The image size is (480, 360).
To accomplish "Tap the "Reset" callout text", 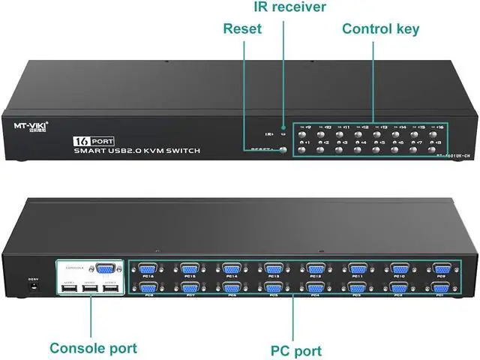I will pyautogui.click(x=242, y=29).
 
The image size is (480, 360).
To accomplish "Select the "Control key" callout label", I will pyautogui.click(x=380, y=29).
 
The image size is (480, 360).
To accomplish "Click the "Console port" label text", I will pyautogui.click(x=93, y=348).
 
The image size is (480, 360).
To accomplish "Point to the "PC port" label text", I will pyautogui.click(x=296, y=350).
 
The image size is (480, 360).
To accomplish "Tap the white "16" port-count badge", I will pyautogui.click(x=81, y=141).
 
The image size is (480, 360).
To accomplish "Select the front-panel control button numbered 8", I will pyautogui.click(x=439, y=149).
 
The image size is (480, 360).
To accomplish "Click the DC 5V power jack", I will pyautogui.click(x=32, y=290).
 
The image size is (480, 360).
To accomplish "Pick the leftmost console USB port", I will pyautogui.click(x=69, y=292).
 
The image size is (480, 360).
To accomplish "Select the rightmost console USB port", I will pyautogui.click(x=111, y=292).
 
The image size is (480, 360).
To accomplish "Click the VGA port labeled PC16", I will pyautogui.click(x=148, y=269).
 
